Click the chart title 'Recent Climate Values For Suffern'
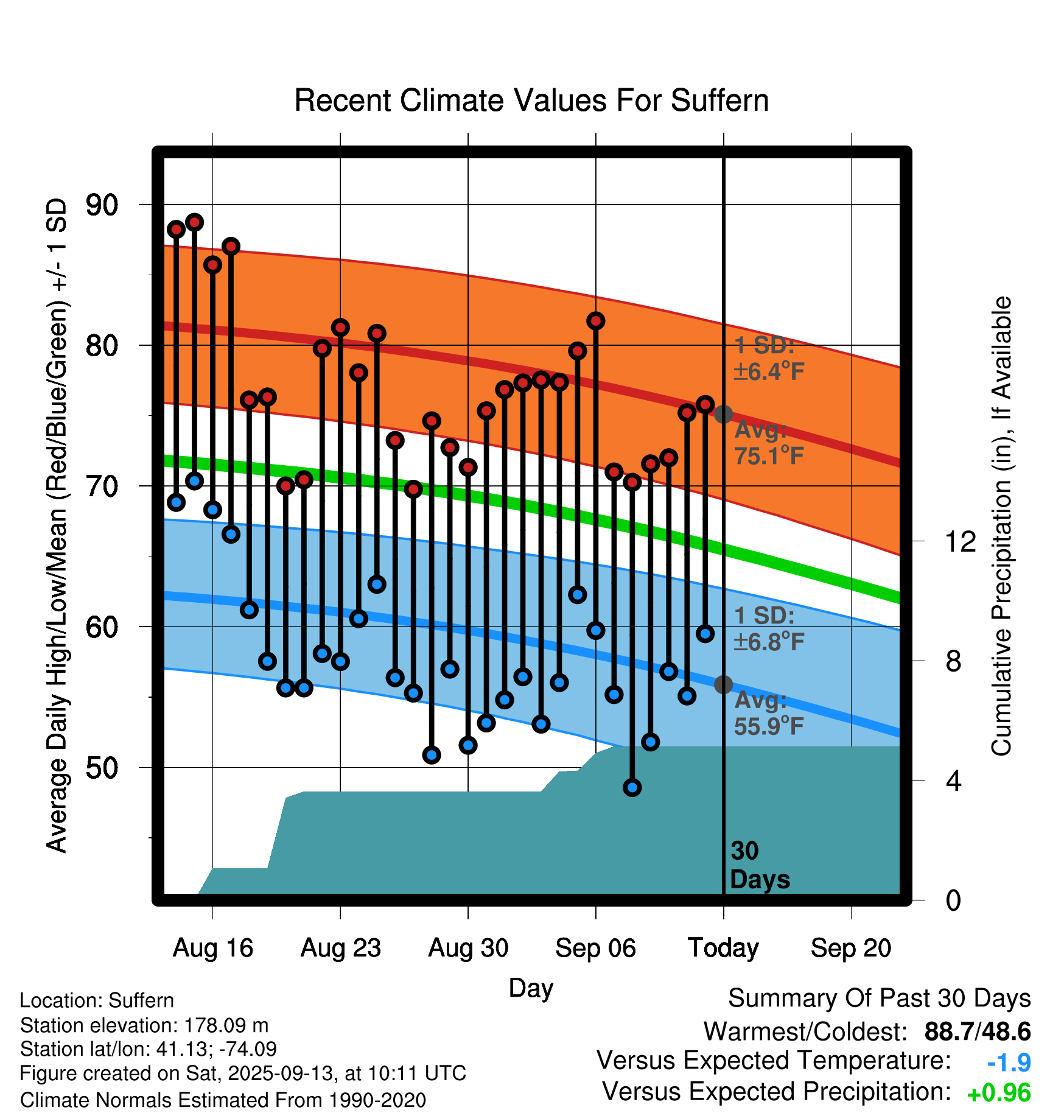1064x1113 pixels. coord(531,100)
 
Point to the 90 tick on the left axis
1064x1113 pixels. coord(102,205)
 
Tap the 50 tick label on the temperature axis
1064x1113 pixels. coord(102,768)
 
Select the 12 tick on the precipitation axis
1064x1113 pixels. coord(961,541)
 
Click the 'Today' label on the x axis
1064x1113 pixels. coord(723,948)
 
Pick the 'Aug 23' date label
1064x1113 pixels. coord(340,948)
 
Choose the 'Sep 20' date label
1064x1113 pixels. coord(850,948)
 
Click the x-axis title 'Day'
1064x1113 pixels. coord(531,988)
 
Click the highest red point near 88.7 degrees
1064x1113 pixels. coord(194,222)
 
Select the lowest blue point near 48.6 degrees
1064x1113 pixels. coord(632,787)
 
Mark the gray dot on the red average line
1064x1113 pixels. coord(723,414)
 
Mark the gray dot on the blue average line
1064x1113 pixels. coord(723,684)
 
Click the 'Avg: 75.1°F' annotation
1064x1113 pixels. coord(769,443)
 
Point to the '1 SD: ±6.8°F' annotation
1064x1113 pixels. coord(769,628)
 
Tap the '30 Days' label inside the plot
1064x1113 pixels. coord(759,865)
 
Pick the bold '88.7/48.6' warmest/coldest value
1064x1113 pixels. coord(977,1031)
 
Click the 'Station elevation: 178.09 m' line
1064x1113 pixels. coord(144,1025)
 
